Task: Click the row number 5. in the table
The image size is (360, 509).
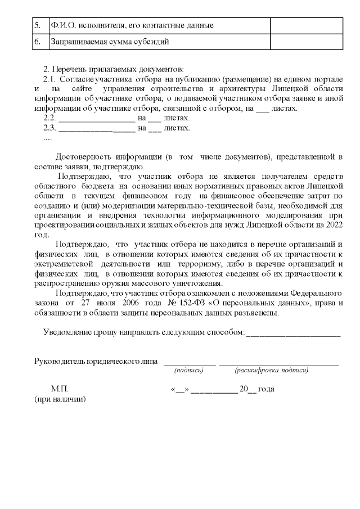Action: (37, 25)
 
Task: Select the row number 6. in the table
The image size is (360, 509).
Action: (37, 42)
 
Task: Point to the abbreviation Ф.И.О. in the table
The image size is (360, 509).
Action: (62, 25)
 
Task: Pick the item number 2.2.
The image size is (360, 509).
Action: (49, 118)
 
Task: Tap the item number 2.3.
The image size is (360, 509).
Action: (49, 128)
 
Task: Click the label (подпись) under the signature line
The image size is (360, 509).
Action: (188, 370)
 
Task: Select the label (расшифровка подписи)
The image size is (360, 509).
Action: (272, 370)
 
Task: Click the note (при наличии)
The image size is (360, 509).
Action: (57, 399)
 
